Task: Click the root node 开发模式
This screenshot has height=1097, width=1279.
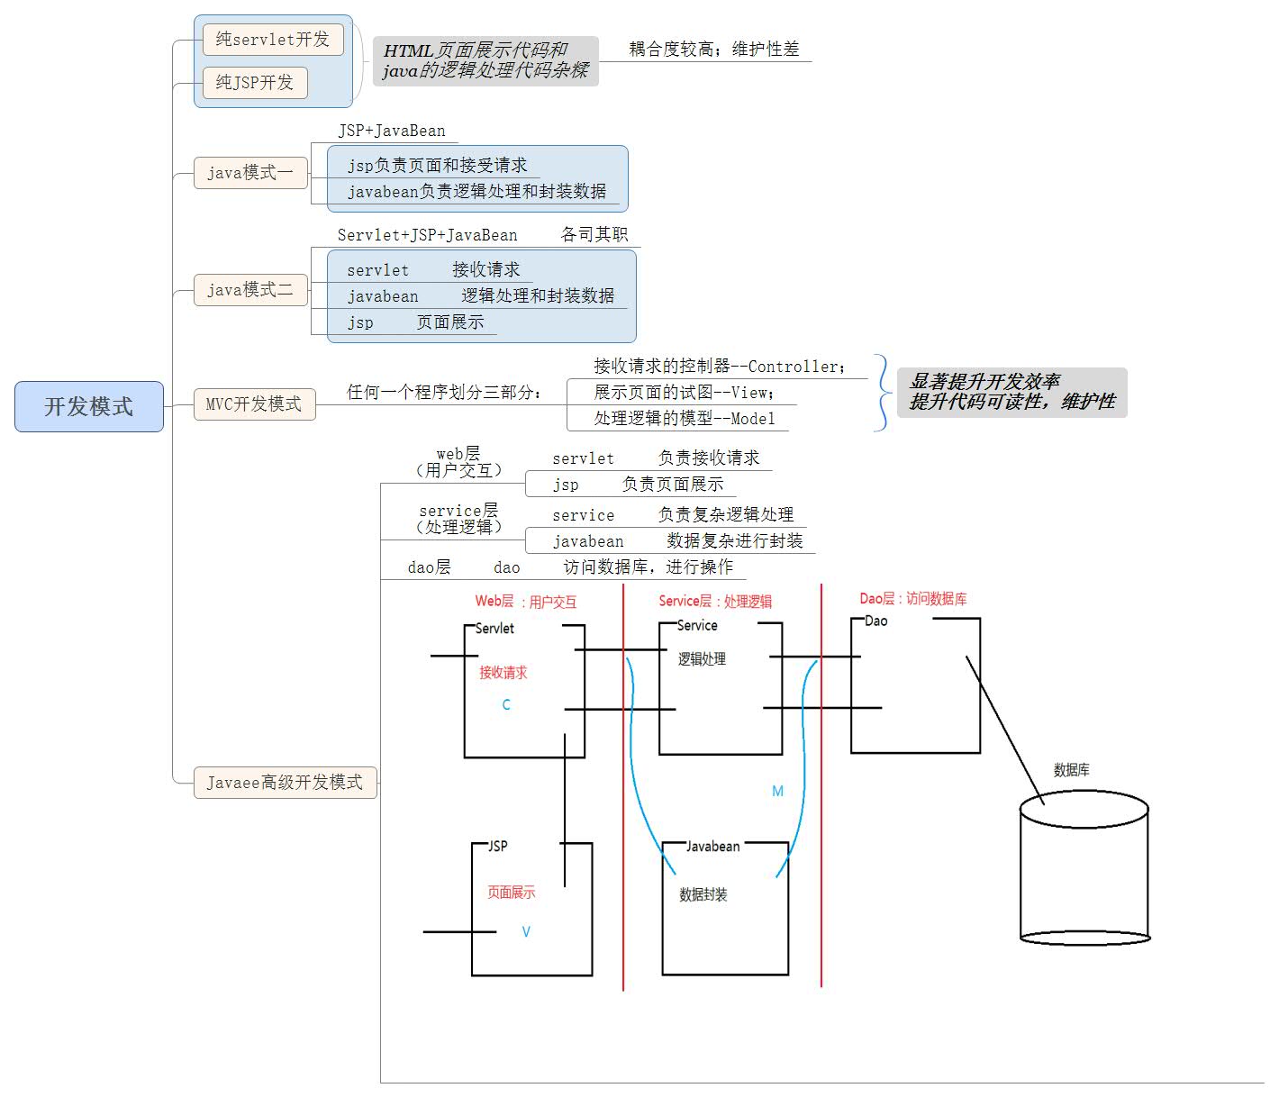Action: pyautogui.click(x=88, y=406)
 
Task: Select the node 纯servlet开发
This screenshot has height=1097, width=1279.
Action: pyautogui.click(x=273, y=40)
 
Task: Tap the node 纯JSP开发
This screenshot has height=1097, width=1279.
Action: pyautogui.click(x=255, y=83)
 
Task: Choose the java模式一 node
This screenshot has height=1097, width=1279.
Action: pyautogui.click(x=249, y=172)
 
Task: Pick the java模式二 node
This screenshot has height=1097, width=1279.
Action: pyautogui.click(x=249, y=290)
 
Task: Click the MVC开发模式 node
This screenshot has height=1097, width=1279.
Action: pyautogui.click(x=254, y=403)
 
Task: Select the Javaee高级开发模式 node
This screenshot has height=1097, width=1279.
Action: pyautogui.click(x=285, y=782)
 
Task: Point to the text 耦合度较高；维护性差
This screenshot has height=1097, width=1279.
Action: pyautogui.click(x=713, y=50)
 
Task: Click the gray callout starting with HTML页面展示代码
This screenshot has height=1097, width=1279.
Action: pyautogui.click(x=485, y=61)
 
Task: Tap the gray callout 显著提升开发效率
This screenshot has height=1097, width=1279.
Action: pyautogui.click(x=1011, y=392)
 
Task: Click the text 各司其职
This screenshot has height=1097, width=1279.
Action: pyautogui.click(x=594, y=234)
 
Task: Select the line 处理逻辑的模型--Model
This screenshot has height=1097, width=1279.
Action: pyautogui.click(x=684, y=418)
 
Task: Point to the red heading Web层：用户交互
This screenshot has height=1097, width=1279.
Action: pyautogui.click(x=526, y=602)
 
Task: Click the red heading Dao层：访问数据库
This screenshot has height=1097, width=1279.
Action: pyautogui.click(x=912, y=599)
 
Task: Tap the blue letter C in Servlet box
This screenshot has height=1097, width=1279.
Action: pyautogui.click(x=506, y=704)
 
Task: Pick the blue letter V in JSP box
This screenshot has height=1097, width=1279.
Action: pyautogui.click(x=526, y=931)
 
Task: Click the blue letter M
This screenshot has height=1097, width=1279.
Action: pyautogui.click(x=777, y=791)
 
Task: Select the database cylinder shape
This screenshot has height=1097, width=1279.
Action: pyautogui.click(x=1084, y=869)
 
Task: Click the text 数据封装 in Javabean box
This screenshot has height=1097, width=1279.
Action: pyautogui.click(x=703, y=894)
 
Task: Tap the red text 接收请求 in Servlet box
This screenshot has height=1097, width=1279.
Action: pyautogui.click(x=503, y=672)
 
